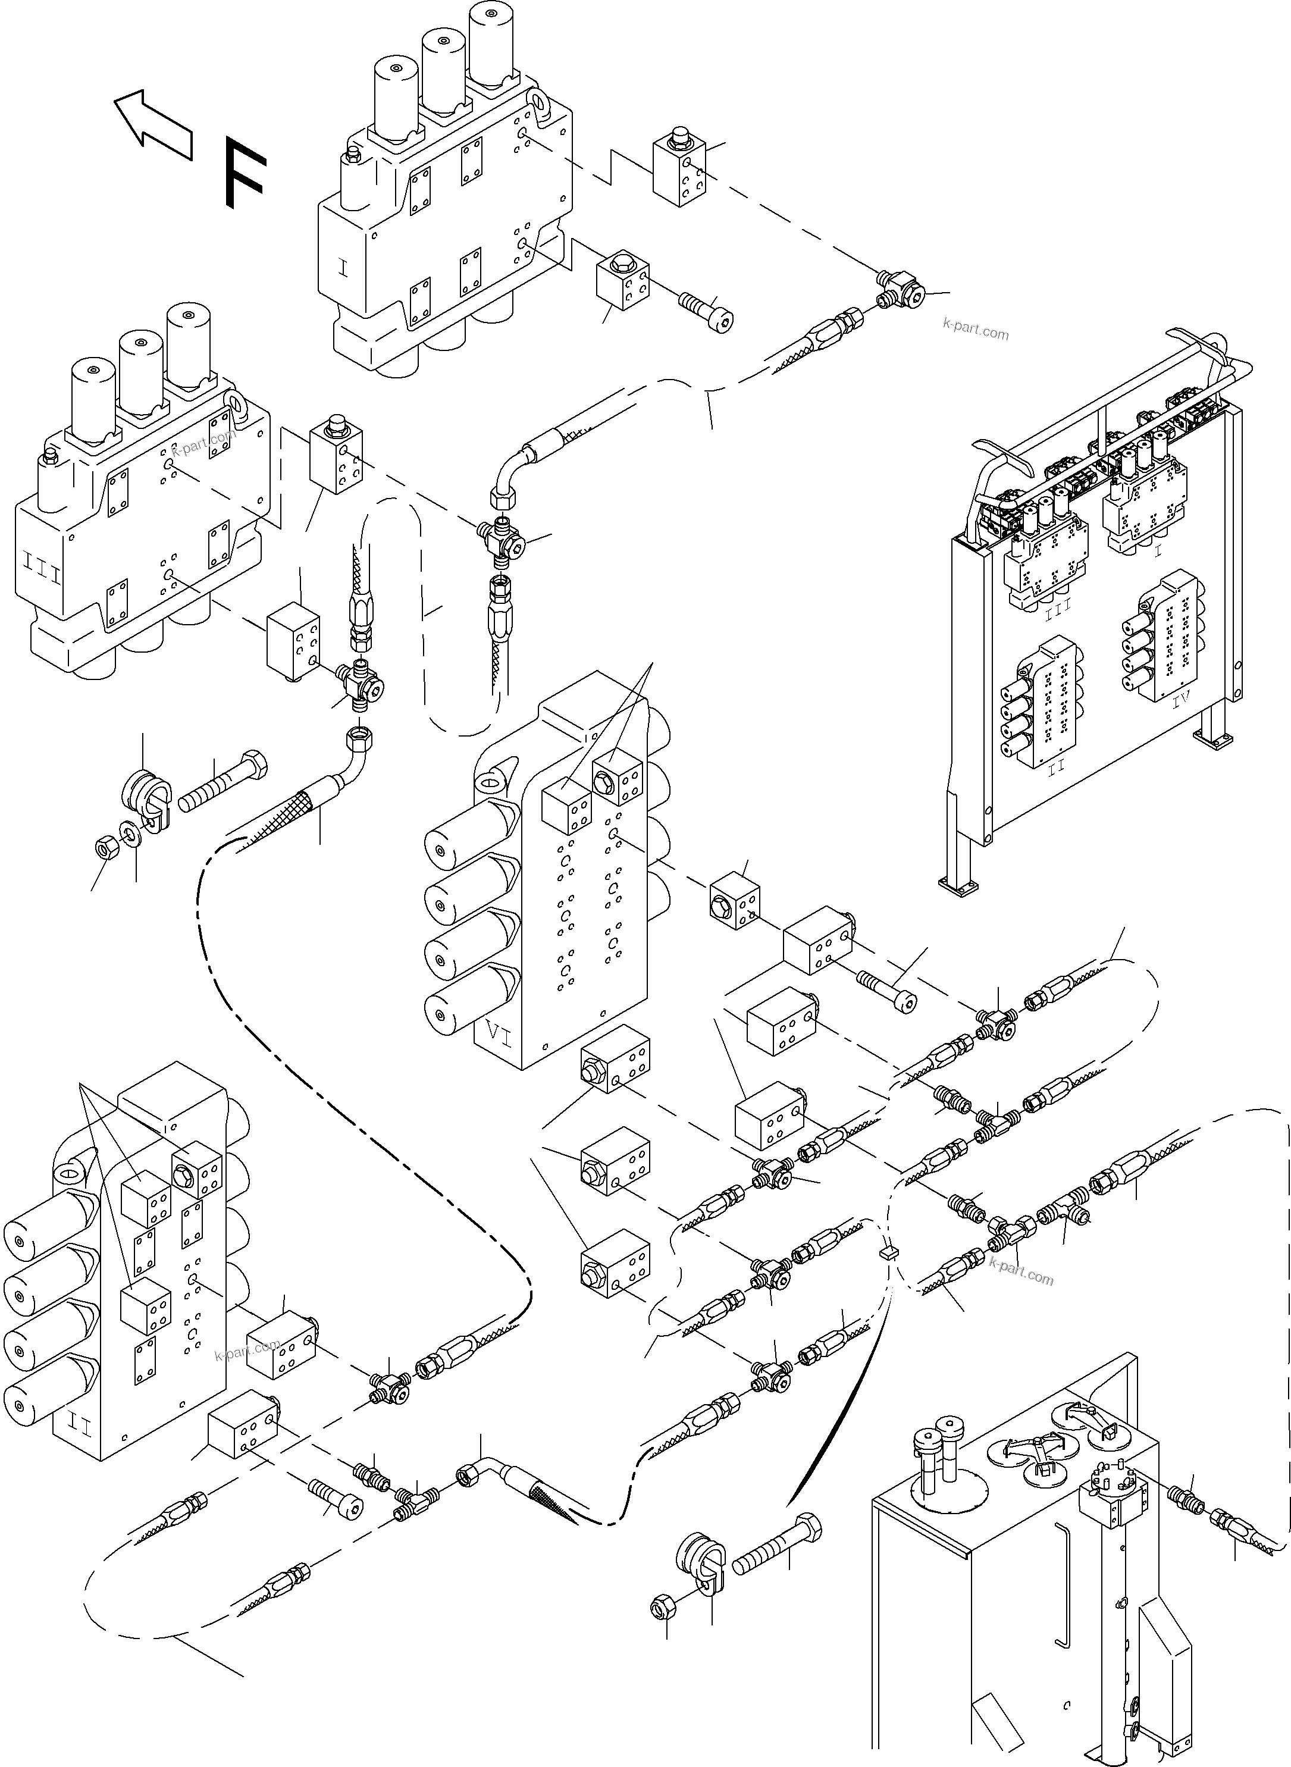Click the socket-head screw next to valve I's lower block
(708, 311)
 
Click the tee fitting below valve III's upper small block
(362, 686)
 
